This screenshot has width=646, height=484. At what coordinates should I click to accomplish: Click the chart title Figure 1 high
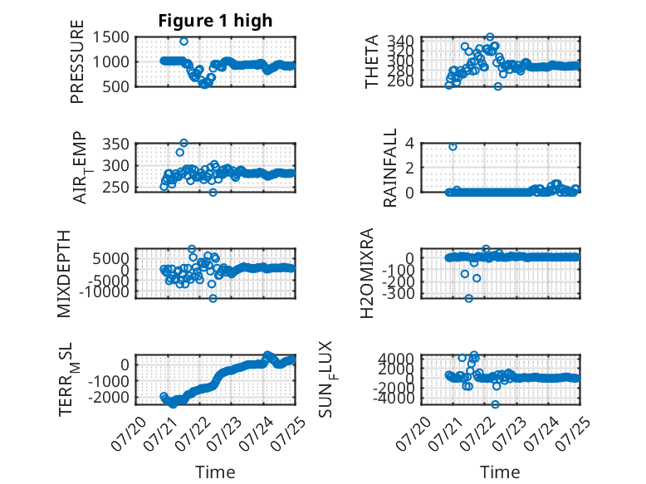point(215,21)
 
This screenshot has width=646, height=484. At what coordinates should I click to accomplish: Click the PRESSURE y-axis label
point(77,61)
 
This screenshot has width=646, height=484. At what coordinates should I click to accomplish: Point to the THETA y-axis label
point(372,61)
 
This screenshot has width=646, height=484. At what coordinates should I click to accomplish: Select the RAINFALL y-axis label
point(389,168)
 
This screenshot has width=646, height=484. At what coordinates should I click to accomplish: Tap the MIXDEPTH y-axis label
point(64,274)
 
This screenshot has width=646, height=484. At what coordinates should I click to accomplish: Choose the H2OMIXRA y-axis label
point(367,273)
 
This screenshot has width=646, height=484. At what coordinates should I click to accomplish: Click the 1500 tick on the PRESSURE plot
point(111,37)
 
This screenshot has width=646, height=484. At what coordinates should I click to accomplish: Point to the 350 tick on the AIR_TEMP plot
point(115,144)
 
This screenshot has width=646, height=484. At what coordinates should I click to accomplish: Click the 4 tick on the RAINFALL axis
point(409,144)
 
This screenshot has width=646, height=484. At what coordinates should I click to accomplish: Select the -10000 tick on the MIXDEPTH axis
point(104,291)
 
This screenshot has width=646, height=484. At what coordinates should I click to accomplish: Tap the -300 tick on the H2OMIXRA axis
point(399,294)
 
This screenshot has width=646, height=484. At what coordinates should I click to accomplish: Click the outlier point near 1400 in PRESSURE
point(184,42)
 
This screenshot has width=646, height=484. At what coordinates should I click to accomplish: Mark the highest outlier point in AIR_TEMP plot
point(184,143)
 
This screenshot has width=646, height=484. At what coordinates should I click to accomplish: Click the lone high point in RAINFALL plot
point(453,147)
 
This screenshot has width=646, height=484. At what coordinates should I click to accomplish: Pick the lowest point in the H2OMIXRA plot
point(469,298)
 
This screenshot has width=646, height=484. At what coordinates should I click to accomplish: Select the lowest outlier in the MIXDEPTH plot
point(213,298)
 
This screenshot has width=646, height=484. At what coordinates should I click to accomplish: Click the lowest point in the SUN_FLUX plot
point(495,404)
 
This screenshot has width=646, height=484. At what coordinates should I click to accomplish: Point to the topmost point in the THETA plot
point(490,37)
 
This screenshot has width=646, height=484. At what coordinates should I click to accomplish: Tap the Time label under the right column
point(500,472)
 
